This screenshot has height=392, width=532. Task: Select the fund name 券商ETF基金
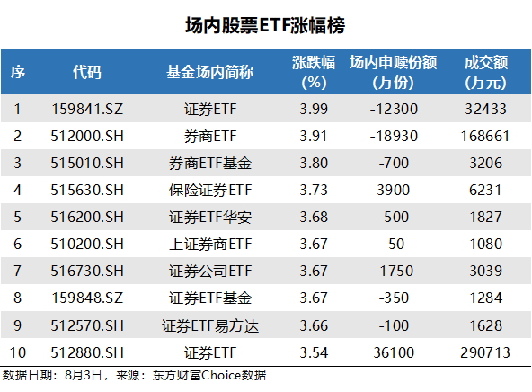pyautogui.click(x=208, y=165)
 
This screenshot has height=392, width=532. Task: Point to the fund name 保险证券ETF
pyautogui.click(x=208, y=192)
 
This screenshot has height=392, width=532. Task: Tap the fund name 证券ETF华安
pyautogui.click(x=208, y=218)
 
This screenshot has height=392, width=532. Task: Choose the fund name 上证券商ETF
pyautogui.click(x=208, y=245)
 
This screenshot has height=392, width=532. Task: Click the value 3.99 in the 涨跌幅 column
pyautogui.click(x=313, y=111)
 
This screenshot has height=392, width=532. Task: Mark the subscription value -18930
pyautogui.click(x=393, y=138)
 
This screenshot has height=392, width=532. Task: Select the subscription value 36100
pyautogui.click(x=393, y=352)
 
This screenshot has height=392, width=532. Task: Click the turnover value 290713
pyautogui.click(x=486, y=352)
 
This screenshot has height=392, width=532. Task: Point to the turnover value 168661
pyautogui.click(x=486, y=138)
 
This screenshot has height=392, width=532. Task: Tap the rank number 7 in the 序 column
pyautogui.click(x=16, y=272)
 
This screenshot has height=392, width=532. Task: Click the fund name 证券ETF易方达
pyautogui.click(x=208, y=325)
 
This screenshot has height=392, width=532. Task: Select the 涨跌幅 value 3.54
pyautogui.click(x=313, y=352)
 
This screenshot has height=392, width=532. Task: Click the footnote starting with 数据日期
pyautogui.click(x=135, y=375)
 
